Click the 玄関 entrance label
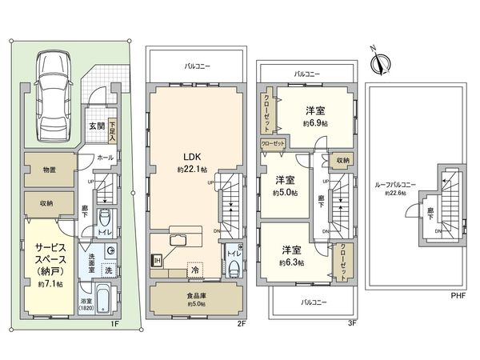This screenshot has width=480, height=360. [x=95, y=125]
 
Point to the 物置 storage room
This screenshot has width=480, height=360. [x=50, y=170]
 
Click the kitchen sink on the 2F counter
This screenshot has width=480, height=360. [x=178, y=242]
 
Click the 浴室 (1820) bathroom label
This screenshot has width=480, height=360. [x=86, y=306]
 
